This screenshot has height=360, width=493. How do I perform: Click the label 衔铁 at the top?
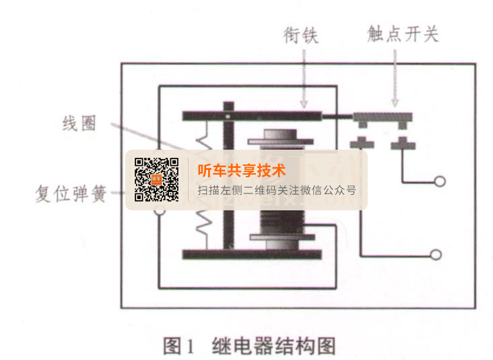pyautogui.click(x=301, y=35)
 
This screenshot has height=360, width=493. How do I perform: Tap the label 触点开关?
pyautogui.click(x=403, y=34)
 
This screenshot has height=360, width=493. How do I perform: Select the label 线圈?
pyautogui.click(x=79, y=123)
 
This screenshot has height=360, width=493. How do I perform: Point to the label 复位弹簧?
pyautogui.click(x=71, y=193)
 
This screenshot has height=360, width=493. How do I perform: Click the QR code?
pyautogui.click(x=156, y=180)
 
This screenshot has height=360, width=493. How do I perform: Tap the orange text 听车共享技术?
pyautogui.click(x=242, y=171)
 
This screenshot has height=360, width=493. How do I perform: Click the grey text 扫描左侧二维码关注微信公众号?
pyautogui.click(x=277, y=190)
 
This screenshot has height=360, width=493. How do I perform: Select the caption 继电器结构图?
pyautogui.click(x=274, y=346)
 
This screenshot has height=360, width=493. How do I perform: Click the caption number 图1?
pyautogui.click(x=178, y=346)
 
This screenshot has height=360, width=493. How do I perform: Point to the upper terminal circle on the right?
pyautogui.click(x=440, y=181)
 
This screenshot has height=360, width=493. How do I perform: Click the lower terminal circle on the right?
pyautogui.click(x=436, y=255)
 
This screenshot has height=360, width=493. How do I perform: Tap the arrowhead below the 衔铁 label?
pyautogui.click(x=304, y=104)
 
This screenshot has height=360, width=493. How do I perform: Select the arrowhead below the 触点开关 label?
pyautogui.click(x=395, y=103)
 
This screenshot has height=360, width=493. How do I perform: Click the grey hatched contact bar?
pyautogui.click(x=383, y=117)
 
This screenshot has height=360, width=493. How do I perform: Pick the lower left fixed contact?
pyautogui.click(x=362, y=143)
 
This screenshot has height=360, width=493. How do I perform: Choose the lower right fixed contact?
pyautogui.click(x=403, y=143)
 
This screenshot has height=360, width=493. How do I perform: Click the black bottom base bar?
pyautogui.click(x=252, y=254)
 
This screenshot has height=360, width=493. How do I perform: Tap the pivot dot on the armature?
pyautogui.click(x=228, y=117)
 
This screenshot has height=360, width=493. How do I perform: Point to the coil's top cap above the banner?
pyautogui.click(x=280, y=138)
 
